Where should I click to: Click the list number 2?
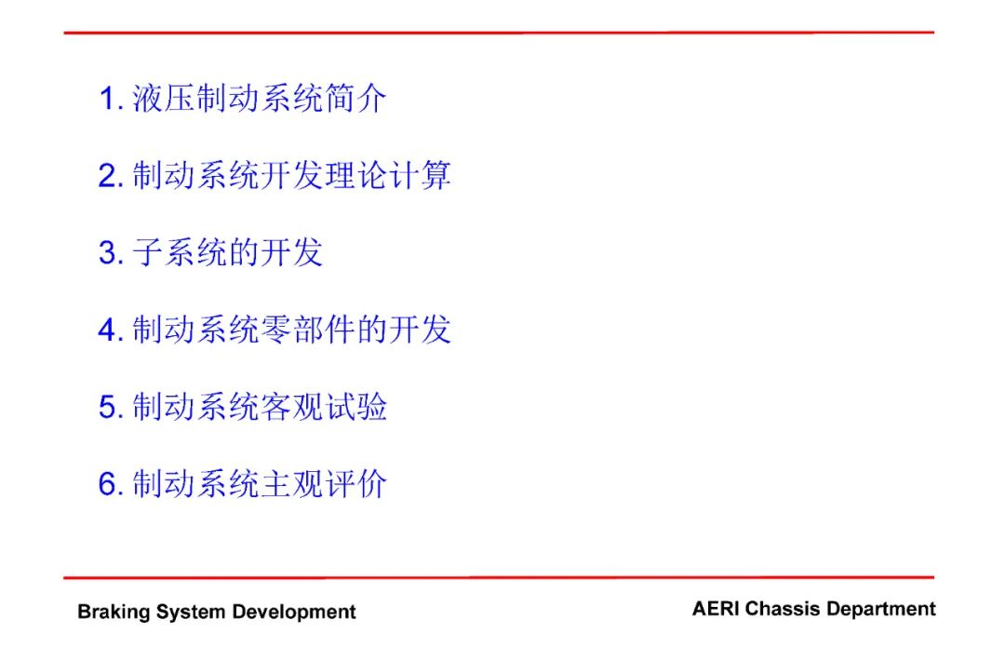pos(110,176)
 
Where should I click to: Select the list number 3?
pos(110,253)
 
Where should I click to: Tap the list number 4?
pos(110,330)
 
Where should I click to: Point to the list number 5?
pos(110,407)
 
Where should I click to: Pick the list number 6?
pos(110,484)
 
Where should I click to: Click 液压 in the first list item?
pos(164,99)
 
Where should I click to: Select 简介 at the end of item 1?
pos(355,99)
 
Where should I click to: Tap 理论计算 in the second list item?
pos(388,176)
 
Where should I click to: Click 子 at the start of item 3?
pos(147,252)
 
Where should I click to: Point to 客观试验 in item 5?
pos(324,407)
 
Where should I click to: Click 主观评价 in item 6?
pos(324,483)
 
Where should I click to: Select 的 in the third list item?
pos(244,252)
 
